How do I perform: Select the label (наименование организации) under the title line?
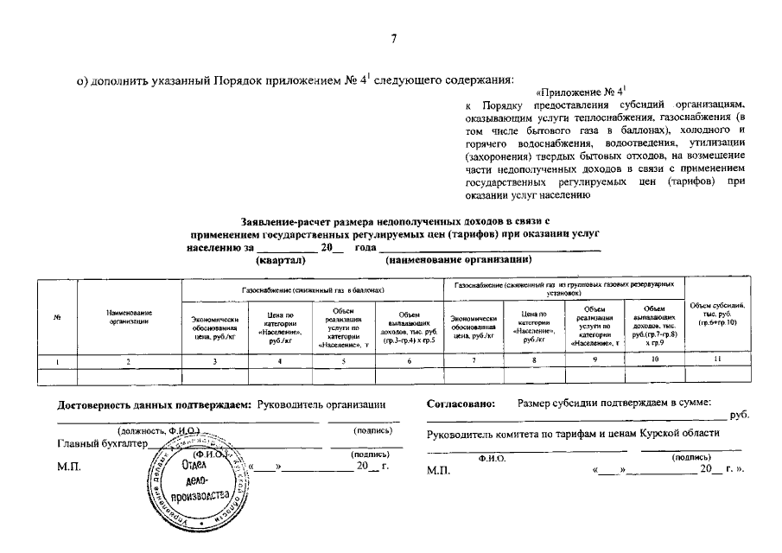[459, 259]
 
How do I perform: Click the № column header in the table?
[56, 317]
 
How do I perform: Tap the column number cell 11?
[717, 361]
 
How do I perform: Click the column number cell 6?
[410, 361]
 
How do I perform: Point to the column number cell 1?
[56, 361]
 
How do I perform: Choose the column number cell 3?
[215, 361]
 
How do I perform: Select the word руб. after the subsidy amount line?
[740, 415]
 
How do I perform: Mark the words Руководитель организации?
[321, 404]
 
